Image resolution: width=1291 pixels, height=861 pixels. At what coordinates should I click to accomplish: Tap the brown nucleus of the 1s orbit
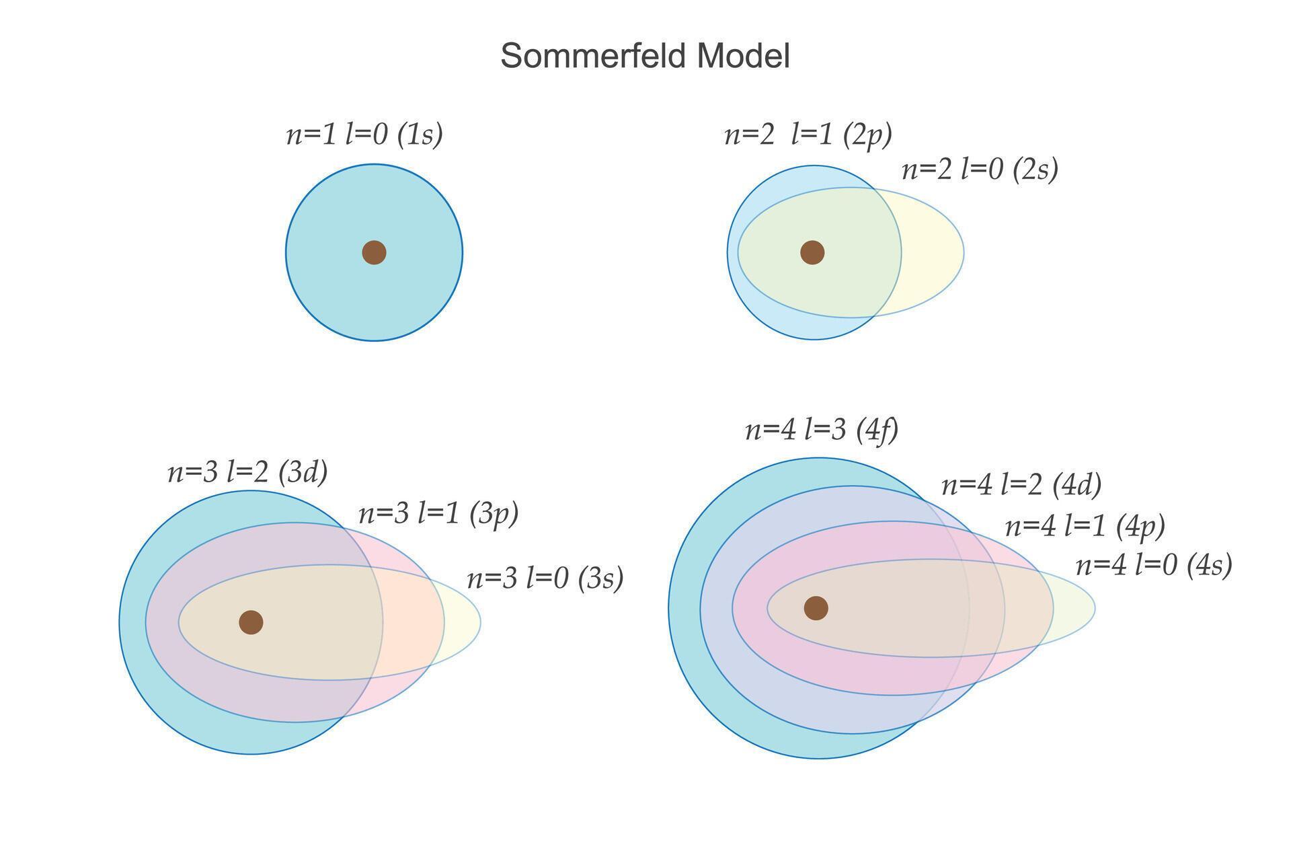click(x=374, y=252)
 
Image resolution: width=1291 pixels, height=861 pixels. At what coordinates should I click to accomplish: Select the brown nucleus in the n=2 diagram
click(x=812, y=252)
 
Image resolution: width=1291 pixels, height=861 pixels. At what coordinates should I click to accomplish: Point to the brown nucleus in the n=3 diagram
click(x=251, y=622)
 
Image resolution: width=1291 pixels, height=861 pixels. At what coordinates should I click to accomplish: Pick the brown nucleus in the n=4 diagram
click(x=816, y=608)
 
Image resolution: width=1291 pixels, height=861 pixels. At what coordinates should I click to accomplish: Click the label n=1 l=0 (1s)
click(x=364, y=135)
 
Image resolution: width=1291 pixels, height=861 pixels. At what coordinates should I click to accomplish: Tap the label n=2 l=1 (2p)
click(x=808, y=135)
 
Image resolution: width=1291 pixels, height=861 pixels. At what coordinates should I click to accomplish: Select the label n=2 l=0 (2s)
click(x=980, y=170)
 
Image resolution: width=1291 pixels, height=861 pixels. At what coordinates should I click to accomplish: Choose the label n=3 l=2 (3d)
click(x=247, y=472)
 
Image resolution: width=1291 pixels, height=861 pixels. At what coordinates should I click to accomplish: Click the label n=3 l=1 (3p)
click(x=438, y=514)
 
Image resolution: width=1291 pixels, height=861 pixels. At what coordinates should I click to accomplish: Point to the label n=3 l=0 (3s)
click(x=545, y=578)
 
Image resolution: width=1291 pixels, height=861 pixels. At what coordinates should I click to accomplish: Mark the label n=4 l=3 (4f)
click(x=822, y=429)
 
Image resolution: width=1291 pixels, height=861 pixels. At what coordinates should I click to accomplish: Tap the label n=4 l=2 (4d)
click(x=1021, y=484)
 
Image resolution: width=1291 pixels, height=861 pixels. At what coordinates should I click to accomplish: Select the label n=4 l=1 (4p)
click(x=1085, y=526)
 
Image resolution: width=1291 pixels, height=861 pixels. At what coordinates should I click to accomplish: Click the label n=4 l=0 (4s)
click(x=1154, y=565)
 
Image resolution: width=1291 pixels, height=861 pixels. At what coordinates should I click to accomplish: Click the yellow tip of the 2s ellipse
click(x=935, y=252)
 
